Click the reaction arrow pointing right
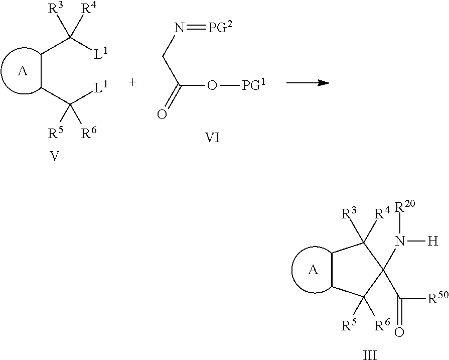pyautogui.click(x=308, y=83)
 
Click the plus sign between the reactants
pyautogui.click(x=132, y=82)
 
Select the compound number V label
pyautogui.click(x=54, y=156)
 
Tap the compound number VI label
pyautogui.click(x=213, y=138)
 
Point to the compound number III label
pyautogui.click(x=370, y=355)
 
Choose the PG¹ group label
pyautogui.click(x=254, y=84)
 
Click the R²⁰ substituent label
pyautogui.click(x=405, y=207)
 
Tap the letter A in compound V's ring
pyautogui.click(x=23, y=71)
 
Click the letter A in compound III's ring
pyautogui.click(x=313, y=270)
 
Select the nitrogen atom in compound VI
pyautogui.click(x=179, y=28)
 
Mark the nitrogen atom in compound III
pyautogui.click(x=400, y=242)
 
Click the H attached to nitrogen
pyautogui.click(x=432, y=242)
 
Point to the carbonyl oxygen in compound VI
pyautogui.click(x=162, y=114)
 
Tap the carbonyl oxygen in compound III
pyautogui.click(x=399, y=332)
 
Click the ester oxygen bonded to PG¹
pyautogui.click(x=212, y=85)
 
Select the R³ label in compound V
pyautogui.click(x=55, y=9)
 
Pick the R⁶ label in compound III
pyautogui.click(x=382, y=325)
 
